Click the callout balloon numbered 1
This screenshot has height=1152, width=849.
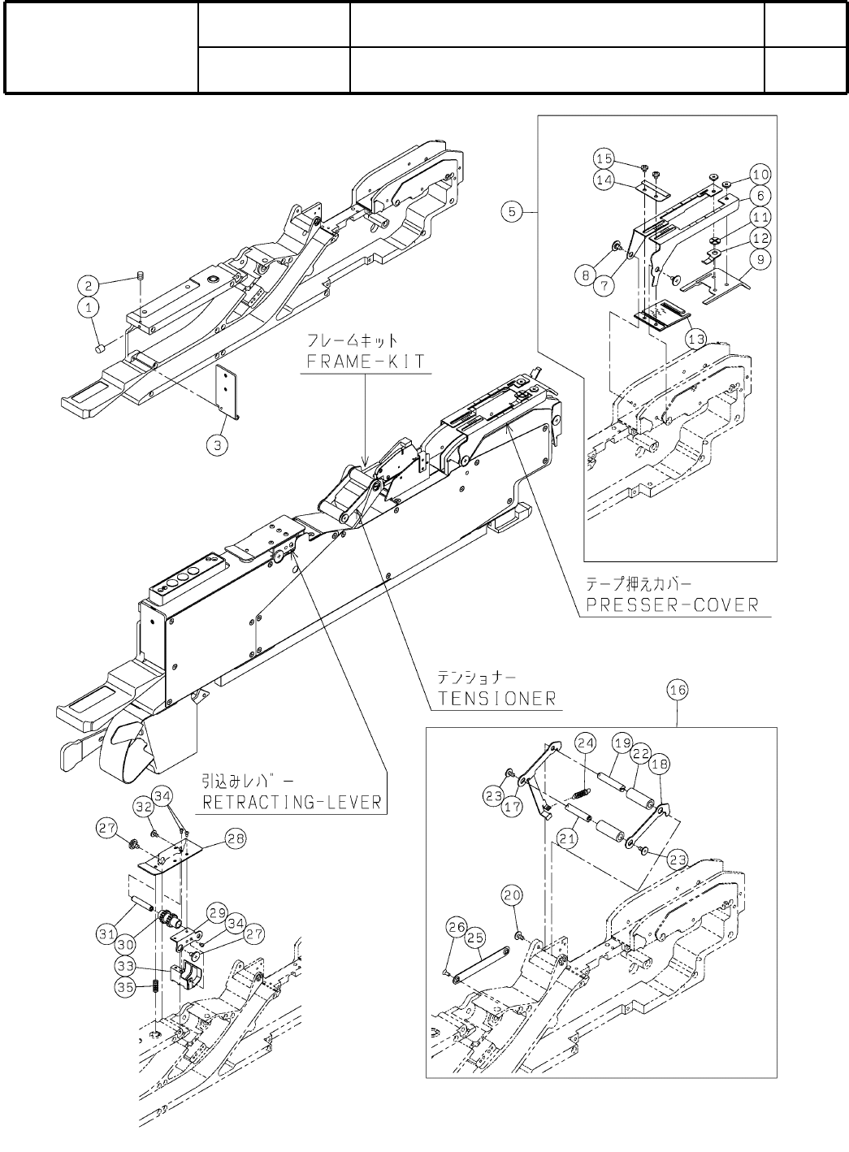tap(89, 306)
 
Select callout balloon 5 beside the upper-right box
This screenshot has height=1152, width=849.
tap(511, 212)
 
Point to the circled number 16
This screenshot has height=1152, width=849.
tap(677, 690)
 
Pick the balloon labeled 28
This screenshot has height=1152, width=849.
tap(236, 840)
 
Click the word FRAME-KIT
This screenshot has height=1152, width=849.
tap(366, 362)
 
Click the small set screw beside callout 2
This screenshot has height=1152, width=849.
tap(140, 279)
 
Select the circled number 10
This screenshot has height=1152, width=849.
tap(760, 174)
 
